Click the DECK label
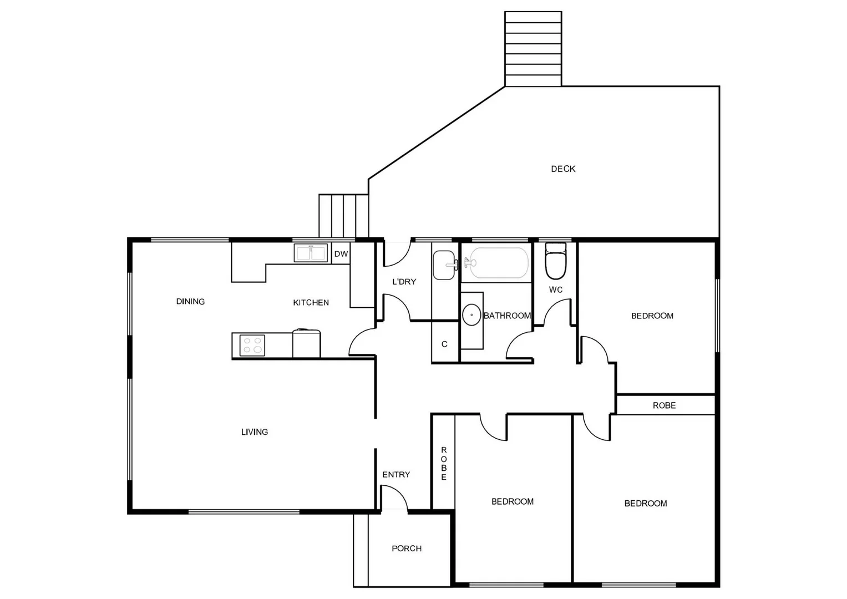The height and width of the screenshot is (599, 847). pos(563,169)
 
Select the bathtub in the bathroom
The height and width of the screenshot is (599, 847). pos(499,263)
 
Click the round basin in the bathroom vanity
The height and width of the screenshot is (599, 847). pos(472,315)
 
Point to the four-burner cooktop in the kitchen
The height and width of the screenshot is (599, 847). pos(252,345)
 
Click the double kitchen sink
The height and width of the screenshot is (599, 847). pos(311,253)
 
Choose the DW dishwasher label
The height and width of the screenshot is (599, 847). pos(341,254)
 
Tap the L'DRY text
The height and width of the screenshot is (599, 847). pos(404,282)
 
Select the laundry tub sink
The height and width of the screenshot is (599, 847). pos(444,265)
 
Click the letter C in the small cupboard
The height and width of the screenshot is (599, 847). pos(444,344)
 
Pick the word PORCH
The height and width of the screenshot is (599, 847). pos(407,549)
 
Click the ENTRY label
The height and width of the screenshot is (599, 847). pos(396,475)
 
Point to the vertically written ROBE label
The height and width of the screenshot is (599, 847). pos(444,464)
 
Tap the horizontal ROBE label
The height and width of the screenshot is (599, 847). pos(664,405)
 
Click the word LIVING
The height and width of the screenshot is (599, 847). pos(255,432)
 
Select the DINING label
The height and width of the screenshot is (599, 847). pos(190,302)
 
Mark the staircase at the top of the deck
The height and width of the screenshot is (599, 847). pos(533,49)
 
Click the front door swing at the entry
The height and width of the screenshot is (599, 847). pos(395,498)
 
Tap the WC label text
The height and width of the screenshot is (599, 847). pos(556,290)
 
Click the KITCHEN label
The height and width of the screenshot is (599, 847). pos(311,303)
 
